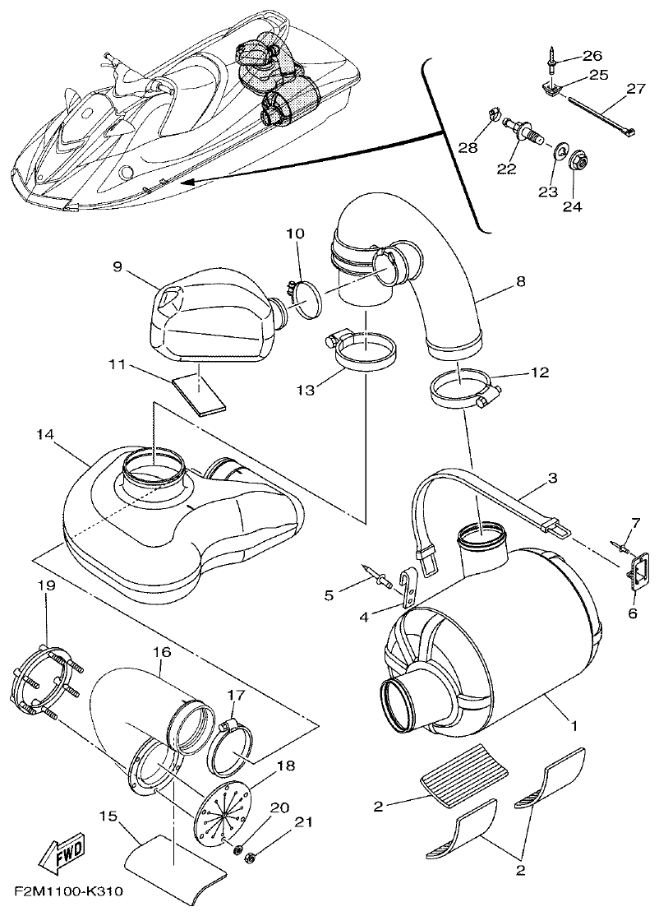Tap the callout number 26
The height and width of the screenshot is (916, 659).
tap(592, 56)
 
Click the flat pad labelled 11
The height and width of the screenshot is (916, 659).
tap(200, 393)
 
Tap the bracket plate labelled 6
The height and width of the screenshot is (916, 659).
tap(634, 569)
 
